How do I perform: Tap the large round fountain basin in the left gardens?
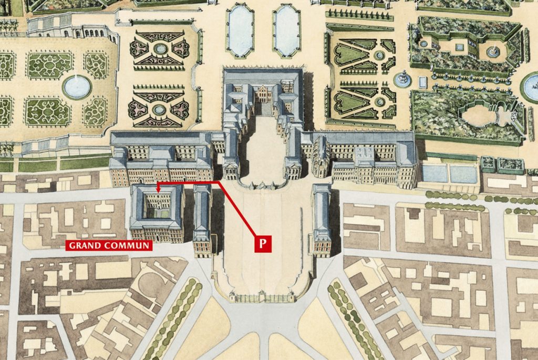(x=77, y=87)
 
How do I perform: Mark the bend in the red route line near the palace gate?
(x=220, y=182)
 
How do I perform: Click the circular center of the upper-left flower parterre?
(x=160, y=49)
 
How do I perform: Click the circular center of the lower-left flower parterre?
(x=160, y=109)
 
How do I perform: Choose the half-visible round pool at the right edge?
(x=531, y=87)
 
